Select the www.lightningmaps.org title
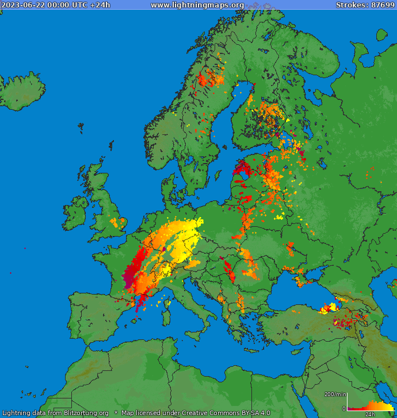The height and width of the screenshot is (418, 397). coord(197,5)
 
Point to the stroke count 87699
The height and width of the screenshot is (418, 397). coord(383,5)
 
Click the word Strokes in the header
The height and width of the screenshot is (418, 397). coord(351,5)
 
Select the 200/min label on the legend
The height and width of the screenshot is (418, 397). coord(335,394)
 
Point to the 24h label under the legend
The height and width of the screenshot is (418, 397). coord(370,414)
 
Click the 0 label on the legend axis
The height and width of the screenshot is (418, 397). coord(344,409)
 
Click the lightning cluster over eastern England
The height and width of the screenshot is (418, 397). coord(119,222)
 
